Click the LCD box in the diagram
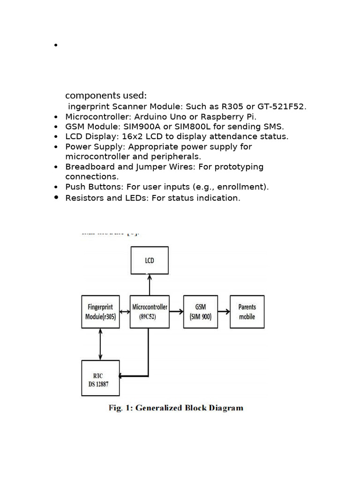(149, 260)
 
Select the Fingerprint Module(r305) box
(100, 312)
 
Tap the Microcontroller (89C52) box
(149, 312)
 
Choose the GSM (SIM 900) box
(201, 312)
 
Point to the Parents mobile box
(247, 312)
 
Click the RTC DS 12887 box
(100, 378)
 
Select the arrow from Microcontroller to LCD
(149, 285)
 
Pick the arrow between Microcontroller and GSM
(176, 311)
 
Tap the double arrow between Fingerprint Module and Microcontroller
(124, 311)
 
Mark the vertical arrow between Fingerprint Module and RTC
(100, 344)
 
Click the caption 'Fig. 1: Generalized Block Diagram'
(176, 408)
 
